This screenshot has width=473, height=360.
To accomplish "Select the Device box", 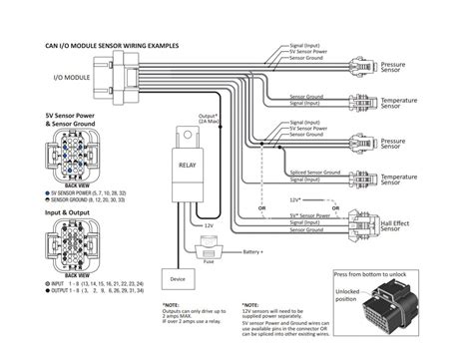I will coord(178,279).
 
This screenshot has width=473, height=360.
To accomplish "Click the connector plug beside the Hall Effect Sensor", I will coord(359,219).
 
